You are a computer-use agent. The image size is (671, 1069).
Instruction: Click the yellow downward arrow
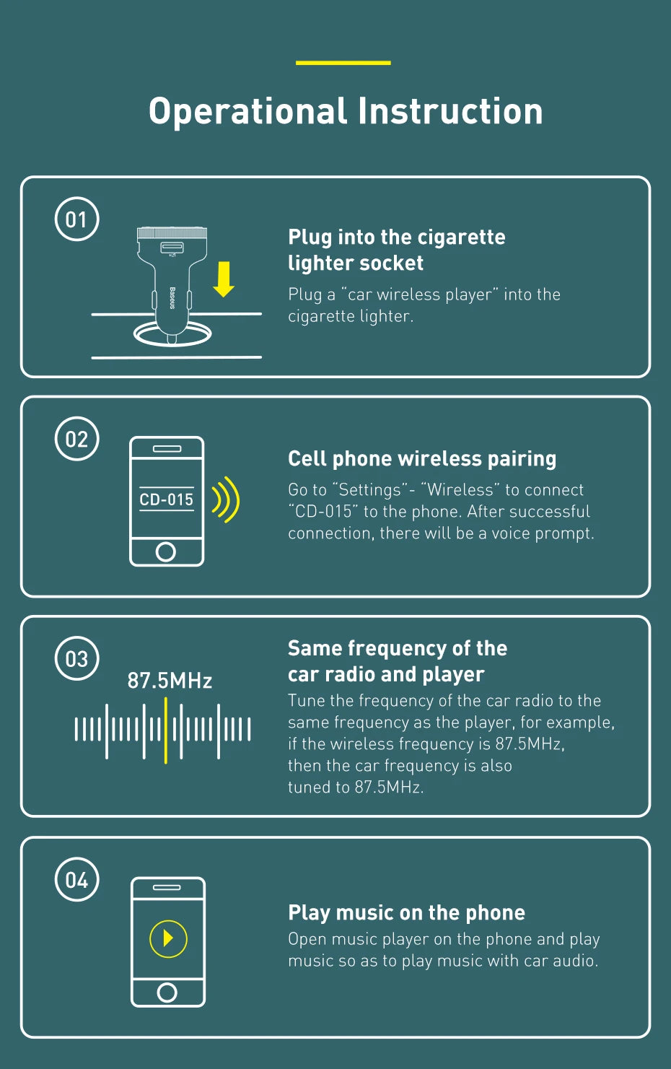click(x=223, y=279)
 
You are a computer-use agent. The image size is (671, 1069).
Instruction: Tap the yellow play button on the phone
click(x=168, y=939)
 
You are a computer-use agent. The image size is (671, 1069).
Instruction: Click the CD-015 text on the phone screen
click(x=166, y=499)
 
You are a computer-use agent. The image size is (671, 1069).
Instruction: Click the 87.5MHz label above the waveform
click(x=170, y=681)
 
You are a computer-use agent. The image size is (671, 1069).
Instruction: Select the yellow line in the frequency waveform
click(x=165, y=730)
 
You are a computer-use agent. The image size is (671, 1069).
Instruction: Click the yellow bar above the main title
click(x=343, y=63)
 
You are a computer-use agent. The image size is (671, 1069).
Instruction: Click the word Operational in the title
click(x=247, y=112)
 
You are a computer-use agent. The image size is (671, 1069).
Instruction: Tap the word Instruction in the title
click(x=450, y=112)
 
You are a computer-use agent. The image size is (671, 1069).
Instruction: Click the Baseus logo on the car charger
click(x=172, y=298)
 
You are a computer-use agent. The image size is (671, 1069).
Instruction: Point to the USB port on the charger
click(x=172, y=247)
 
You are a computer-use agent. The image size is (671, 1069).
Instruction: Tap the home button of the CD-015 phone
click(x=165, y=551)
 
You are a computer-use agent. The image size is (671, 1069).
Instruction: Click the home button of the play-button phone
click(x=167, y=992)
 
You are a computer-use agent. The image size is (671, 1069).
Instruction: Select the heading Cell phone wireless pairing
click(x=422, y=459)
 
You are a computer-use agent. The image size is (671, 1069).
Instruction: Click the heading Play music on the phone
click(x=406, y=913)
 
